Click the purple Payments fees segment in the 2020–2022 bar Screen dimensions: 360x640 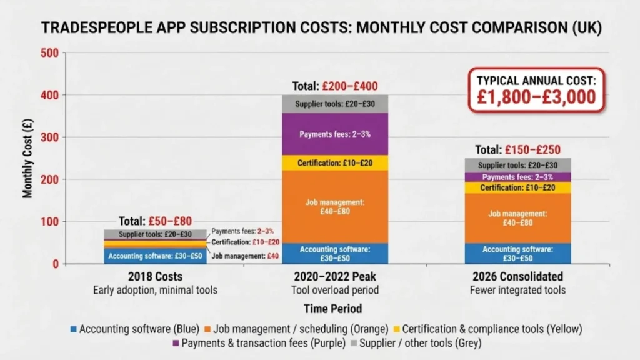pos(334,134)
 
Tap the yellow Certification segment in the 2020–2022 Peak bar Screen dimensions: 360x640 pos(334,163)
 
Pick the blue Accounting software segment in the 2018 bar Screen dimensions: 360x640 pos(154,256)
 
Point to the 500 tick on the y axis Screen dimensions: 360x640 pos(52,53)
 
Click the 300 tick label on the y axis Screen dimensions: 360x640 pos(52,137)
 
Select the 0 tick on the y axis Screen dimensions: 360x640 pos(56,264)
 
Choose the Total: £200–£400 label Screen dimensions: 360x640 pos(334,86)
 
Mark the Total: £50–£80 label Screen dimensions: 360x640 pos(155,221)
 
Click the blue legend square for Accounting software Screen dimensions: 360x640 pos(73,329)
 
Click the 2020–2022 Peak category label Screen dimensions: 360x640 pos(334,276)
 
